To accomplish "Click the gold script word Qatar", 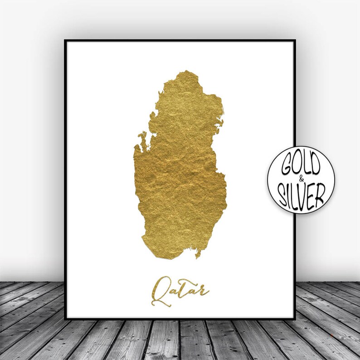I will pos(180,289).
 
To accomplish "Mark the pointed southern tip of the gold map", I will pos(198,257).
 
